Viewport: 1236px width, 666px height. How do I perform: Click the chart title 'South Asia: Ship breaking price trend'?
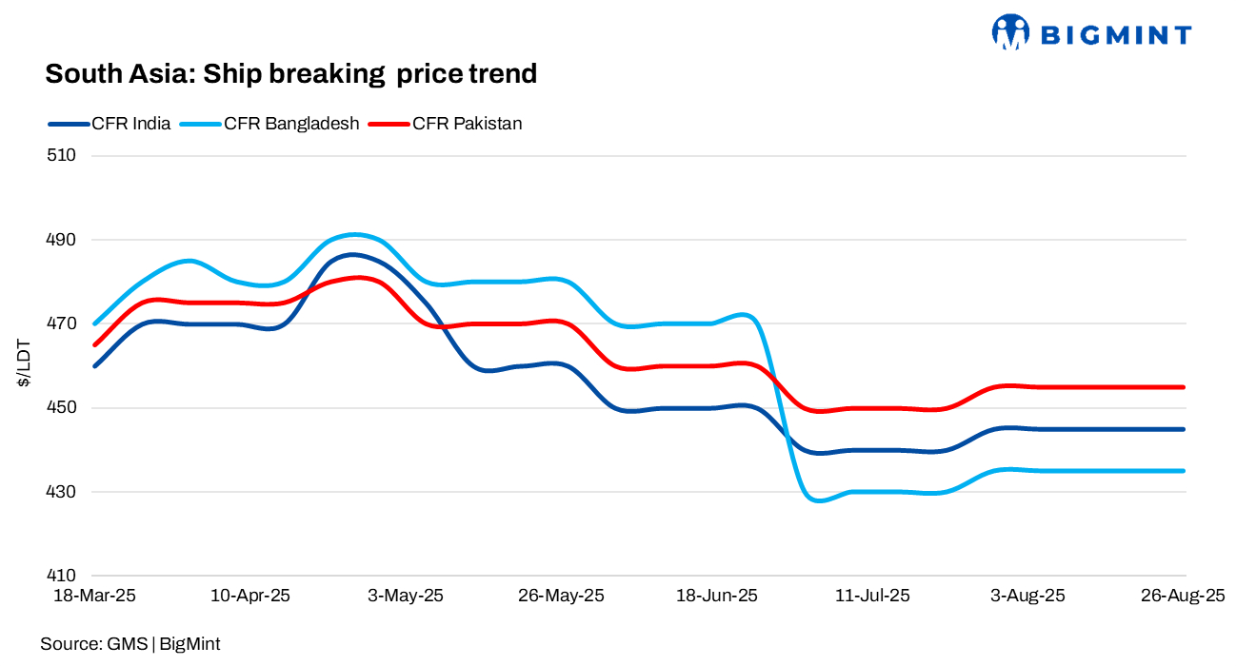click(290, 73)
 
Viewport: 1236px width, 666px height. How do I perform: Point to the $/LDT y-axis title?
click(23, 366)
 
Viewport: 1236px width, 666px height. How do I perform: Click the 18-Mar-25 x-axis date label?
click(95, 597)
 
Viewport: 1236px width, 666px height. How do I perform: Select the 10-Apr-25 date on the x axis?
click(250, 597)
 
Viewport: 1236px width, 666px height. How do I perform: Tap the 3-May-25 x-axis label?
click(406, 597)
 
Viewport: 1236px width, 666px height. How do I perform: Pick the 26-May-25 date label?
click(562, 597)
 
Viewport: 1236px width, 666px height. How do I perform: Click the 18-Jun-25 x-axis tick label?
click(717, 597)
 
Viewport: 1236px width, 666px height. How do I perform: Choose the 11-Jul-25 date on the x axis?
click(872, 597)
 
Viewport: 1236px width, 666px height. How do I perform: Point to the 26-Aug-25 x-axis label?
click(1184, 597)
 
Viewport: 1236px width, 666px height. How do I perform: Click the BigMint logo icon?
click(1010, 32)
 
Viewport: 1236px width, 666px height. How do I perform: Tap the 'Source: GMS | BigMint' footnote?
click(130, 644)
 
